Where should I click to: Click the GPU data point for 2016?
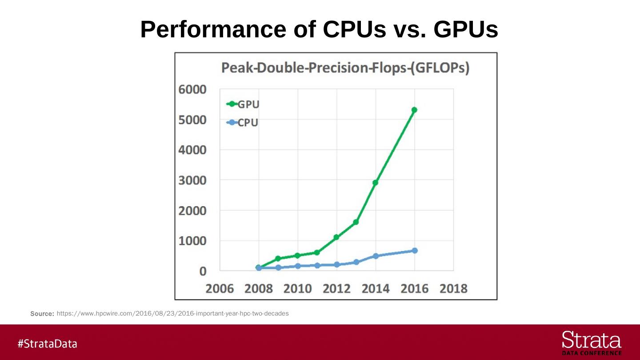point(414,110)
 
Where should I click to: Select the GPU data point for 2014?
point(376,183)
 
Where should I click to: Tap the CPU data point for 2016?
point(415,251)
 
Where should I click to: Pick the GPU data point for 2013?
point(356,222)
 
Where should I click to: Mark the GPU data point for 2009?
point(278,258)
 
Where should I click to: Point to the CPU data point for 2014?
point(376,256)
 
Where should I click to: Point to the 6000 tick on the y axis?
point(193,89)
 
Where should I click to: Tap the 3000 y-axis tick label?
point(193,180)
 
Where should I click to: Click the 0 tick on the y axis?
point(202,271)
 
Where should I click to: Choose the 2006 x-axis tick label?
point(220,289)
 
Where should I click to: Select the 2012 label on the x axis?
point(336,289)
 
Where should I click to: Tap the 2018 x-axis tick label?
point(453,289)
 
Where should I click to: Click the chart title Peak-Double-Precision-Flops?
point(345,68)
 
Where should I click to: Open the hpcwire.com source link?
point(172,313)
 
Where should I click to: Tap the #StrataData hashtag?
point(48,344)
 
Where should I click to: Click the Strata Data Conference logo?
point(592,343)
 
